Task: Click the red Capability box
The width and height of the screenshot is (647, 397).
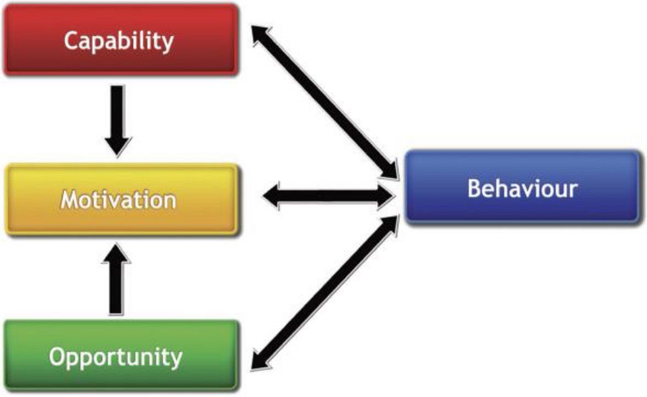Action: click(121, 55)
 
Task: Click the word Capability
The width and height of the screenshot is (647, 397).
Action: click(119, 41)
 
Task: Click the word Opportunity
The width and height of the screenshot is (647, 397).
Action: click(115, 358)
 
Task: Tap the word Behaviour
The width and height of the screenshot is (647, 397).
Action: click(522, 188)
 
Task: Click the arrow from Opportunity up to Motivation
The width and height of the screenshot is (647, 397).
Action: click(117, 280)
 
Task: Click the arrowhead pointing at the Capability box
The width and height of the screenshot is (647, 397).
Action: click(261, 34)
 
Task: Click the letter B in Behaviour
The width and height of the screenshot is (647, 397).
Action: click(474, 188)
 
